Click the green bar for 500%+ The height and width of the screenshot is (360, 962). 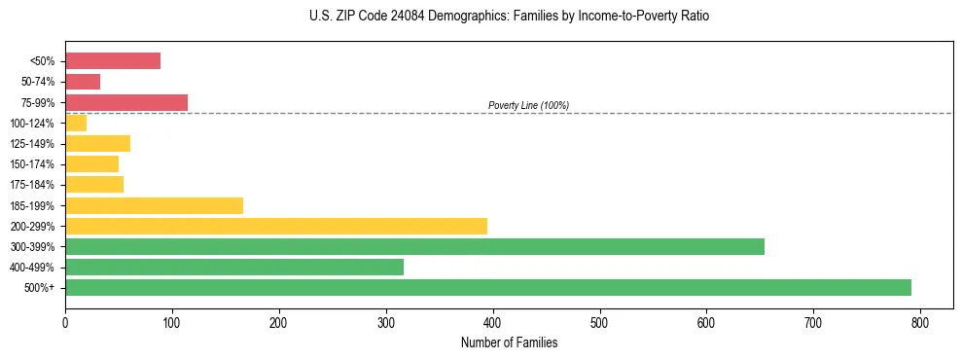coord(487,287)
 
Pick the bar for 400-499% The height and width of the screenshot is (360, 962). coord(234,267)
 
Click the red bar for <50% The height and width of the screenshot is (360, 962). coord(113,60)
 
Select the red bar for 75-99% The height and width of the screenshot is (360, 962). coord(126,102)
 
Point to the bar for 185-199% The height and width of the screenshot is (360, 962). coord(154,205)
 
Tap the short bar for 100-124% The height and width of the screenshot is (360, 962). coord(76,123)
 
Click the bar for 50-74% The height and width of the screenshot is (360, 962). coord(83,82)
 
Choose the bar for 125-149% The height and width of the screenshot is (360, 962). coord(97,144)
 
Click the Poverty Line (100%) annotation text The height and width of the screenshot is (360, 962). coord(528,105)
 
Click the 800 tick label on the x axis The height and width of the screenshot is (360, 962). coord(920,323)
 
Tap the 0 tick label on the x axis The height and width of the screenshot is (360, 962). coord(65,323)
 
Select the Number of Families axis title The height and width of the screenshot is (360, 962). coord(509,342)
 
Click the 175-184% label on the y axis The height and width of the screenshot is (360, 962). coord(32,185)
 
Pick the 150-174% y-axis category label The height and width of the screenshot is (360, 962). coord(32,164)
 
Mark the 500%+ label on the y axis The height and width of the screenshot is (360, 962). coord(40,288)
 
